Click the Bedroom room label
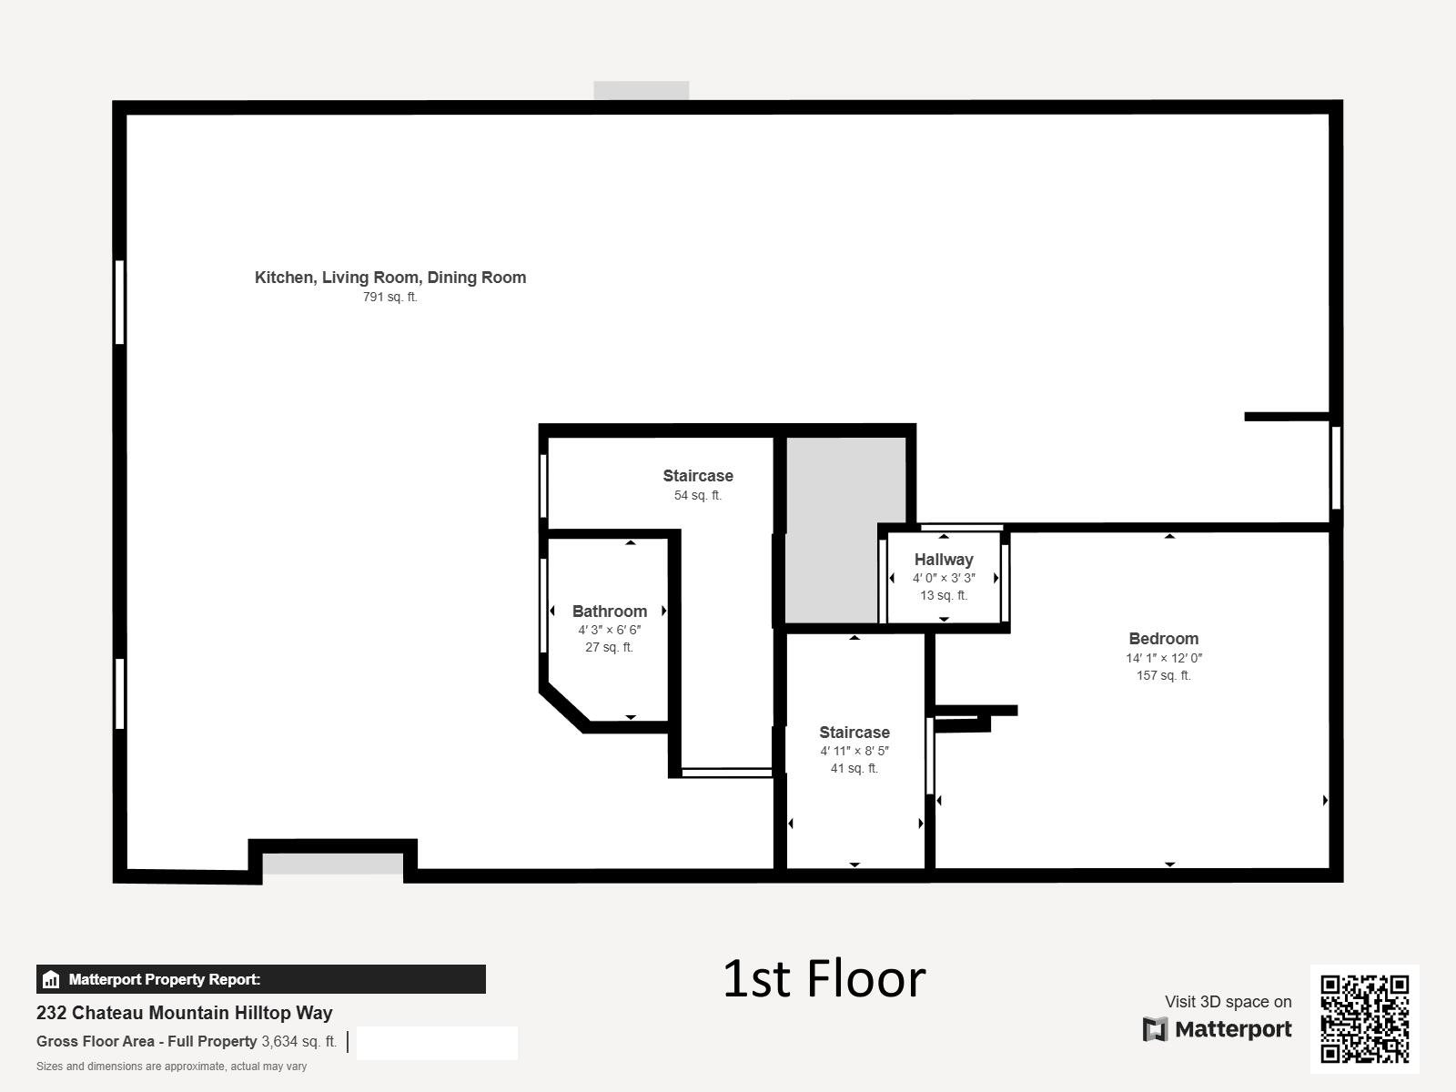1164,639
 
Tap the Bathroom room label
610,612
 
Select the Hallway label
944,560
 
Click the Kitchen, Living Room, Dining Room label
390,278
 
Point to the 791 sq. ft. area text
390,297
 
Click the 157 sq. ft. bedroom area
1164,675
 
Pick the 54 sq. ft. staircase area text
698,495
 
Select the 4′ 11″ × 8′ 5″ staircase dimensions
854,752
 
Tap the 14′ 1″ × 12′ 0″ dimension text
1164,658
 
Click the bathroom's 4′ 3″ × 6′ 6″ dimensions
610,630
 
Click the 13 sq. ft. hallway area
944,595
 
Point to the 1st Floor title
824,978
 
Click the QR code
1364,1019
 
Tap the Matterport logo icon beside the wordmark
1155,1029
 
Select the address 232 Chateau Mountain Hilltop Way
185,1013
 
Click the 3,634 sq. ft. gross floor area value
299,1042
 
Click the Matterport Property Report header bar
260,979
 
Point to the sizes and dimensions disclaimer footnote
171,1067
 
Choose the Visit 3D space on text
1228,1002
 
